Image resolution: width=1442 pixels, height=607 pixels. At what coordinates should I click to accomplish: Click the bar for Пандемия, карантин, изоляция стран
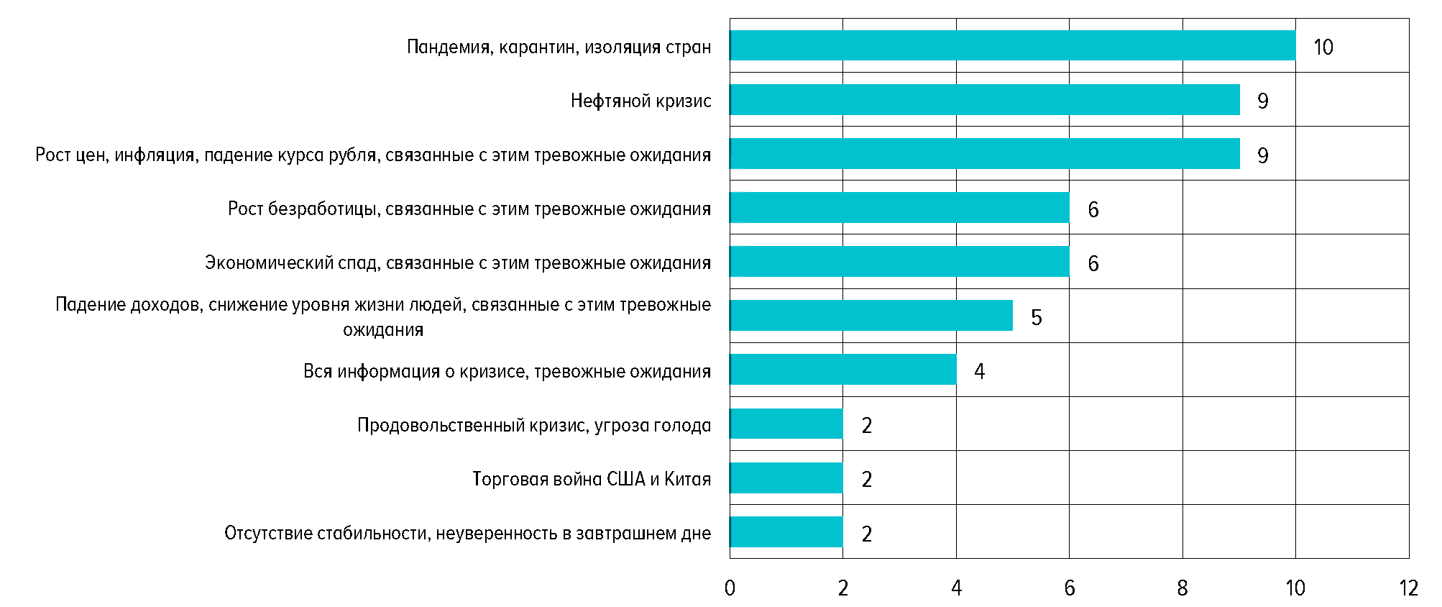click(x=1012, y=45)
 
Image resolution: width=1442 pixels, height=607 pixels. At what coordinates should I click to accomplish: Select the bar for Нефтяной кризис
click(x=984, y=99)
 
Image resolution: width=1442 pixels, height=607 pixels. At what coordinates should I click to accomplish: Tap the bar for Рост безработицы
click(x=899, y=208)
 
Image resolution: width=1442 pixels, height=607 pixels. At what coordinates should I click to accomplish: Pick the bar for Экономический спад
click(x=899, y=262)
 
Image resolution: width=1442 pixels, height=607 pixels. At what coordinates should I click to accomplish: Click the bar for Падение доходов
click(x=871, y=316)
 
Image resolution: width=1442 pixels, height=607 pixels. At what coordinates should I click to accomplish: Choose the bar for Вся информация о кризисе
click(x=842, y=370)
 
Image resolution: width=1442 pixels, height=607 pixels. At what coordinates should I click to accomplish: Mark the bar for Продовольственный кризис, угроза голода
click(x=786, y=424)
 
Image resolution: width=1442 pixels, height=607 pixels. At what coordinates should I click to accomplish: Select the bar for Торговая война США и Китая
click(x=786, y=478)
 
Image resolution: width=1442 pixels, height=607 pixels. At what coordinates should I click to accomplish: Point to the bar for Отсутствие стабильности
click(x=786, y=532)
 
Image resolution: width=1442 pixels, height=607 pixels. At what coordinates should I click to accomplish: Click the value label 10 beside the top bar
click(x=1323, y=47)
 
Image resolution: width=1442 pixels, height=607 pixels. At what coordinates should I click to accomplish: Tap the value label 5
click(x=1036, y=318)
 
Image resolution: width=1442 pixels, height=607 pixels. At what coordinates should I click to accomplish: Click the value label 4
click(x=979, y=372)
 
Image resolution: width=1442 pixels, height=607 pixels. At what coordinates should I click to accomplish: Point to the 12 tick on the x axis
click(x=1408, y=588)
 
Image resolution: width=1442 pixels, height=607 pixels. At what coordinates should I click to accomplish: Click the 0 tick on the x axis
click(x=730, y=588)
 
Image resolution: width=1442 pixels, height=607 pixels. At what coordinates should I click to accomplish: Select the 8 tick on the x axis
click(x=1182, y=588)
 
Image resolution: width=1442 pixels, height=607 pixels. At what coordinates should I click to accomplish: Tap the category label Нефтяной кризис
click(x=640, y=101)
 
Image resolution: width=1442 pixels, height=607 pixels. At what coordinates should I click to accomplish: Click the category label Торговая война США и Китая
click(x=592, y=479)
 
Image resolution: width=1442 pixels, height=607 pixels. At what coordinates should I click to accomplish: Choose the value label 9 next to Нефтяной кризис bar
click(x=1262, y=101)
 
